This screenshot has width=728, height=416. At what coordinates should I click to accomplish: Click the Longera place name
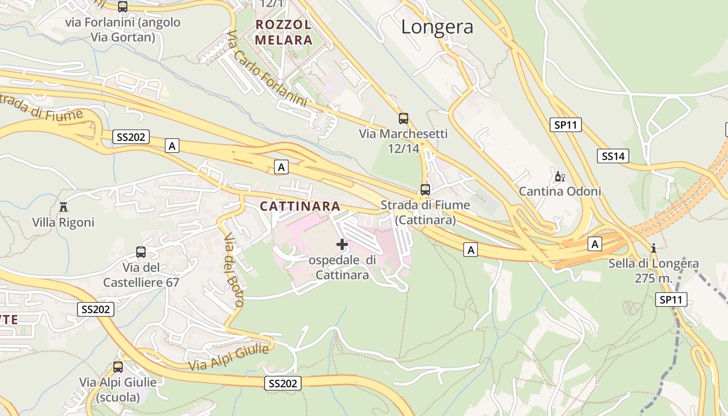437,27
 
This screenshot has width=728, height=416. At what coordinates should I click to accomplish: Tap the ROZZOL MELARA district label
283,32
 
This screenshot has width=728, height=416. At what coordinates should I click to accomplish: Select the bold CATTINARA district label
300,206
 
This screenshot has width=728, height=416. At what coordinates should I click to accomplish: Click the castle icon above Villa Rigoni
63,207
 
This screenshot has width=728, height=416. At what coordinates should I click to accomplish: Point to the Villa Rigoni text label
63,223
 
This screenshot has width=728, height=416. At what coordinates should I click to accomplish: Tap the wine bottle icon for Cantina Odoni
560,177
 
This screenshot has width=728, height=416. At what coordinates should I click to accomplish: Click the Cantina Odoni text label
560,191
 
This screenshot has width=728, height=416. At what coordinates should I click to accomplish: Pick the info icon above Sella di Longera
654,248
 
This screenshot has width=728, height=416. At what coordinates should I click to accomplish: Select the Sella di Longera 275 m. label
654,270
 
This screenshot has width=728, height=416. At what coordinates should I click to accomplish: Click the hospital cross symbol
342,244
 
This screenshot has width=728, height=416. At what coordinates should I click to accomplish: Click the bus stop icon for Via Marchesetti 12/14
403,118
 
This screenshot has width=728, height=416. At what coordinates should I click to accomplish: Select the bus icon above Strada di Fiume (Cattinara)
425,189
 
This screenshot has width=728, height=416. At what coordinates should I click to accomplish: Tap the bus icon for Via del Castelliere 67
140,252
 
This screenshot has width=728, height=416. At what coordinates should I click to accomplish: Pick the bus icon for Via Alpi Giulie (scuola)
118,367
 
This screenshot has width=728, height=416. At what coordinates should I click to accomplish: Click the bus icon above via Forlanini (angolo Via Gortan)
123,7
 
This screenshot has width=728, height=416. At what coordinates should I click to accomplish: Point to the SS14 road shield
613,155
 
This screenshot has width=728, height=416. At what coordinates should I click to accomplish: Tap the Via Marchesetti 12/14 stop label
403,141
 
